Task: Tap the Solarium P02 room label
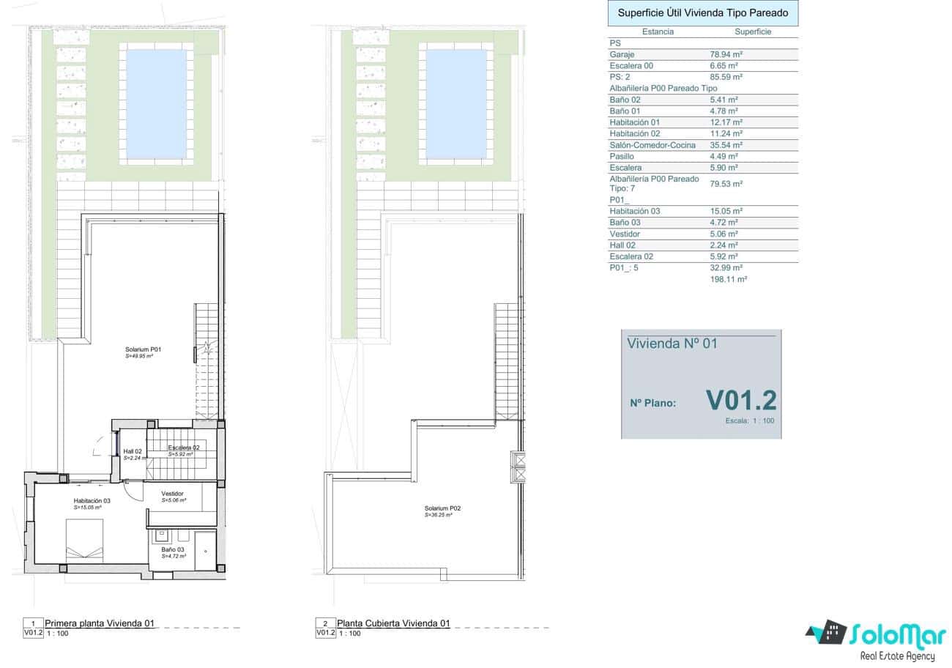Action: point(442,508)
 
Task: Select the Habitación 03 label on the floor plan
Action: point(92,501)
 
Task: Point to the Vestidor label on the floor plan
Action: point(173,494)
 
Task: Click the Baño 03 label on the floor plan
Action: point(173,549)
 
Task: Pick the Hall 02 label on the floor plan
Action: point(133,451)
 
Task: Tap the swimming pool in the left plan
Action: point(157,103)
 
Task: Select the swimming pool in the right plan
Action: point(456,103)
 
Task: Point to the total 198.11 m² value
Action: point(728,280)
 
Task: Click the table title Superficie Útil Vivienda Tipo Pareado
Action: point(703,13)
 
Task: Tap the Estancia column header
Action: point(657,32)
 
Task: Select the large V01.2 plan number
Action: point(740,400)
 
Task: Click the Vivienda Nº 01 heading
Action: point(672,344)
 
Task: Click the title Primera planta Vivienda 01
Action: point(100,624)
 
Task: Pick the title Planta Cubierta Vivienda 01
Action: point(393,624)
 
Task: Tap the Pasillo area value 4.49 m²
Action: point(724,156)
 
